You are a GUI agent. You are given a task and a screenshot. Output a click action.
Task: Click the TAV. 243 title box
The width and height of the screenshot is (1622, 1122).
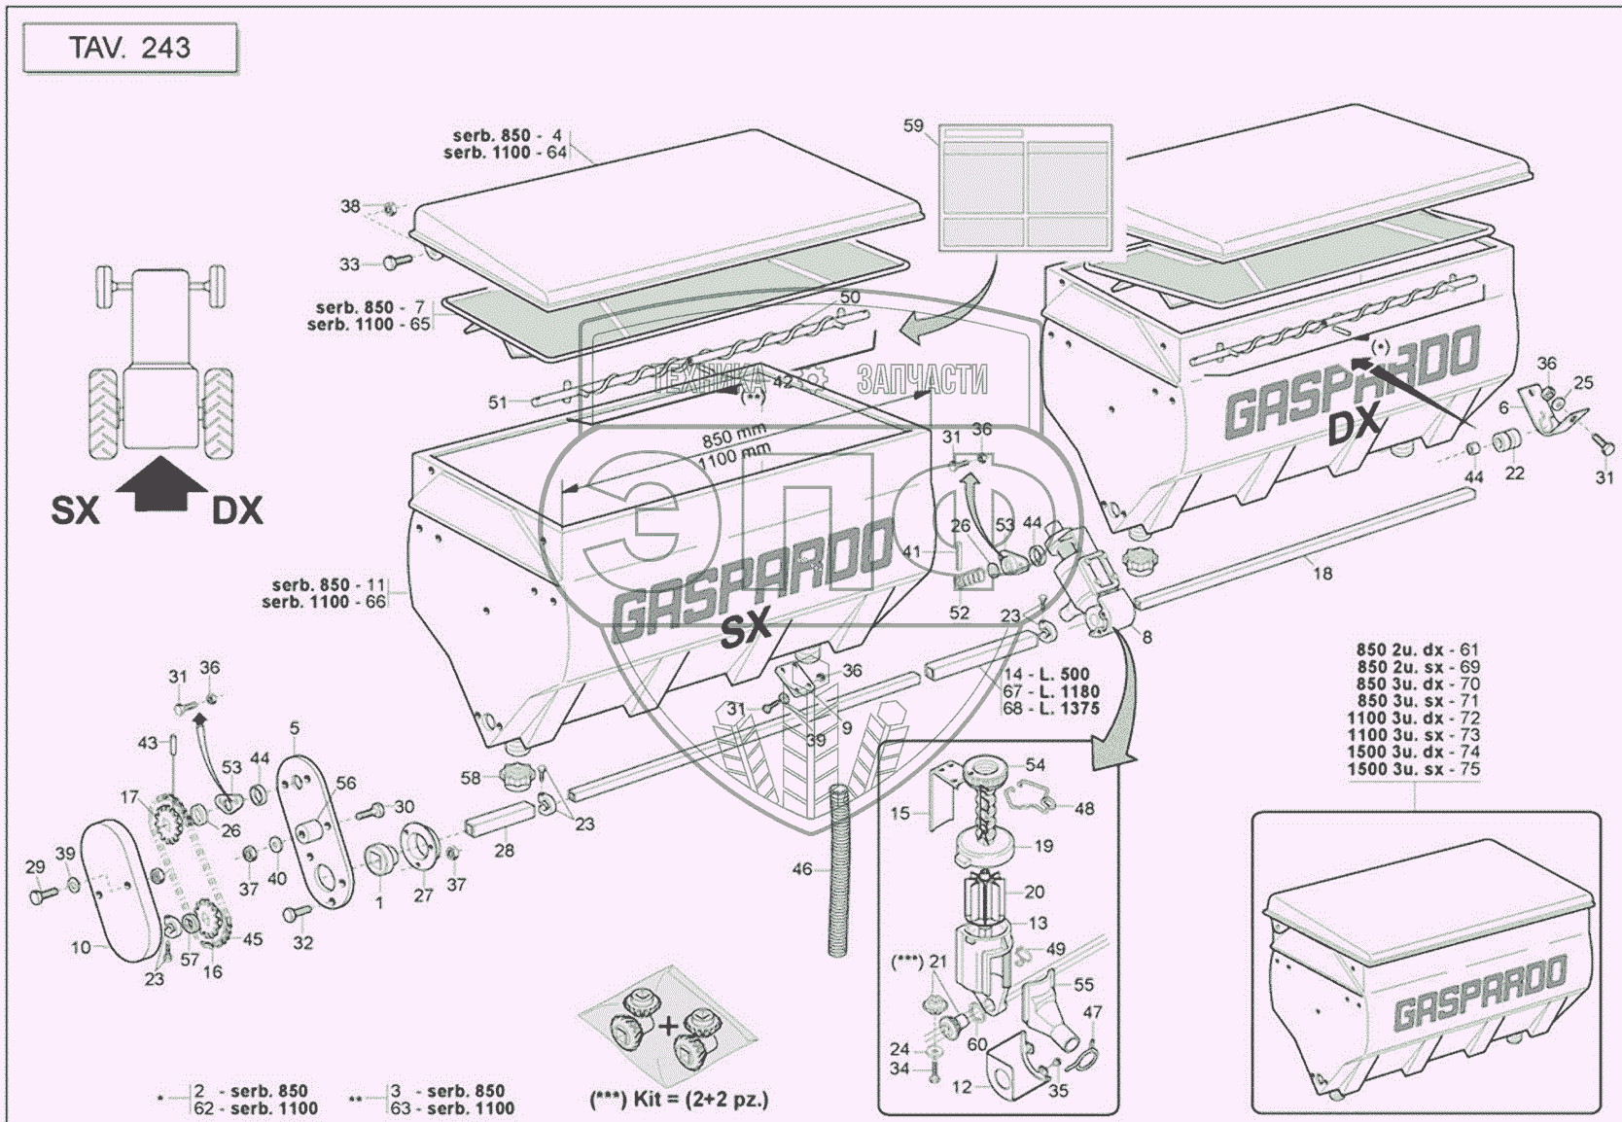coord(129,49)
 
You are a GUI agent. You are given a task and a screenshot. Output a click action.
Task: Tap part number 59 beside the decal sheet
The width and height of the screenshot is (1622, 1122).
coord(913,126)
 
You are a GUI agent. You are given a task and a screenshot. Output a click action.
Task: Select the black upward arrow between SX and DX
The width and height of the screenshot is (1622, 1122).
coord(161,485)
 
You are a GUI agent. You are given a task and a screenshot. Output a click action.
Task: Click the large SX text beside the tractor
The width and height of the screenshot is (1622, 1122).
coord(76,510)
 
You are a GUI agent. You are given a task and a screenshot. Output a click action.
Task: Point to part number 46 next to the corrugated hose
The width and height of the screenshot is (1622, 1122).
coord(801,868)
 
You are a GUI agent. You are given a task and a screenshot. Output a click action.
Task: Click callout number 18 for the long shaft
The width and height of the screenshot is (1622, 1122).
coord(1322,574)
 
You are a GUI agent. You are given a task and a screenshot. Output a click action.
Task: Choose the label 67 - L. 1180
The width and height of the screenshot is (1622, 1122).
coord(1051,691)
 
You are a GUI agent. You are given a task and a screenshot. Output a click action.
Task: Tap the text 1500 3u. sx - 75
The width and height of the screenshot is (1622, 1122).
coord(1413,769)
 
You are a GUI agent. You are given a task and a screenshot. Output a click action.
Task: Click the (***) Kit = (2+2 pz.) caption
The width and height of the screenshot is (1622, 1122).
coord(679,1100)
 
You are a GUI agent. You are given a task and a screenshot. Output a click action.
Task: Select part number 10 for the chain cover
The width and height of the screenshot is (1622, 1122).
coord(81,946)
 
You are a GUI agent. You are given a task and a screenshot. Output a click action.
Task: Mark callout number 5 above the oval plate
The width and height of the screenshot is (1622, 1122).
coord(295,728)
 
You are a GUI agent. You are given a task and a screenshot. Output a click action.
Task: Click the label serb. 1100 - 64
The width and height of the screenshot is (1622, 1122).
coord(506,153)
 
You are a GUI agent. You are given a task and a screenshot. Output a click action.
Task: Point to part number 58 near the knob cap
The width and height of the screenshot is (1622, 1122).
coord(471,778)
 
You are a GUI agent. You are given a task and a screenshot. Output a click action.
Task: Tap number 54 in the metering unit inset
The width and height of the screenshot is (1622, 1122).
coord(1035,765)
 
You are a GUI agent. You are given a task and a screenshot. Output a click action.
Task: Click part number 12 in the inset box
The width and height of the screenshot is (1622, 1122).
coord(962,1087)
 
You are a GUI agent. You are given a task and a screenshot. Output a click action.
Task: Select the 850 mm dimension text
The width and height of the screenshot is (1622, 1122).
coord(734,437)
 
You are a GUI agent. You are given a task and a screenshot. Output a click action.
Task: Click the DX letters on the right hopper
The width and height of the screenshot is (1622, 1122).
coord(1354,425)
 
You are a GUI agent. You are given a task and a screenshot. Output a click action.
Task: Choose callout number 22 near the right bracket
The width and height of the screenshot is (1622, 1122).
coord(1515,473)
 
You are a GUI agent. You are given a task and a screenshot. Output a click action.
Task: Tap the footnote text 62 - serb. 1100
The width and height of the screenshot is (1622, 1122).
coord(255,1107)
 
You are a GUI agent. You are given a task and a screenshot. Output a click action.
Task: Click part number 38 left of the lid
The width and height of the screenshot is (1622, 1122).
coord(350,206)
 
